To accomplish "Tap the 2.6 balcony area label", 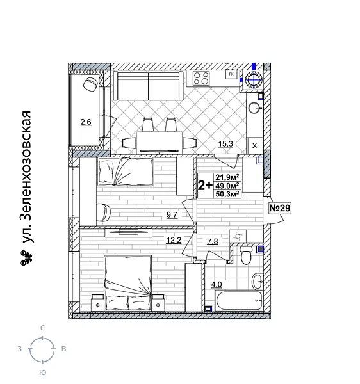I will point(85,122).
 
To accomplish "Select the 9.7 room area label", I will point(171,215).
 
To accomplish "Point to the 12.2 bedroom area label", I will point(173,240).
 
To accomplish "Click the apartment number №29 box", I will point(279,208).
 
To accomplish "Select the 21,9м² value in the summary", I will point(227,177).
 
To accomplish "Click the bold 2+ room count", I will point(205,186).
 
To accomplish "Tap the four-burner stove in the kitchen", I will point(201,79).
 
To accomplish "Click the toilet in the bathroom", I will point(244,256).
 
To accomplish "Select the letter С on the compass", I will point(42,328).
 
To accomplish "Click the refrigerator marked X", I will point(254,146).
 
